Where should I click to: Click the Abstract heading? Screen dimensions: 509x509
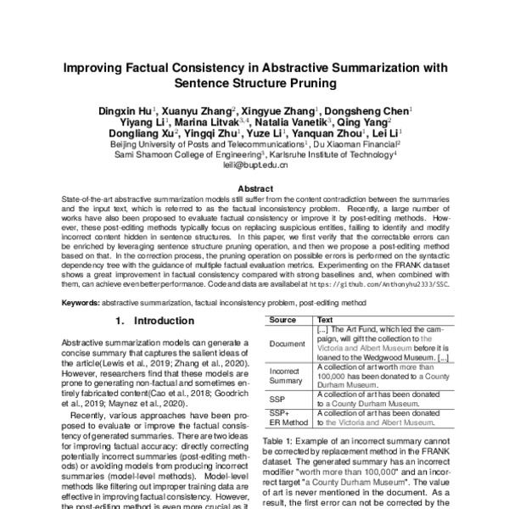coord(255,188)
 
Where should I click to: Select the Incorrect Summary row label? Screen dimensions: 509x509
coord(286,377)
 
